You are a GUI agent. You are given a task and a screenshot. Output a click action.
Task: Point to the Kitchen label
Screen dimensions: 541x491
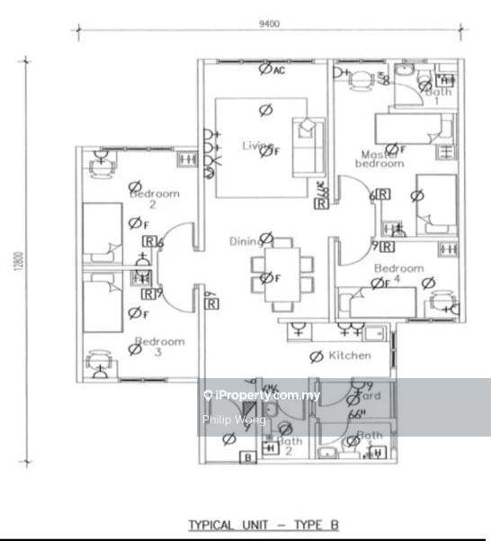click(x=349, y=356)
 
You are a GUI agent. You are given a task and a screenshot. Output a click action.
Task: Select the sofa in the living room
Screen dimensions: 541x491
click(x=308, y=144)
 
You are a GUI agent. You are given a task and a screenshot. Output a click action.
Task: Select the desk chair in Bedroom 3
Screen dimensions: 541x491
click(x=98, y=365)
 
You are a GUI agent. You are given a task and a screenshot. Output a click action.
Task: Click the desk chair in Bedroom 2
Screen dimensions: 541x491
click(x=100, y=165)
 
